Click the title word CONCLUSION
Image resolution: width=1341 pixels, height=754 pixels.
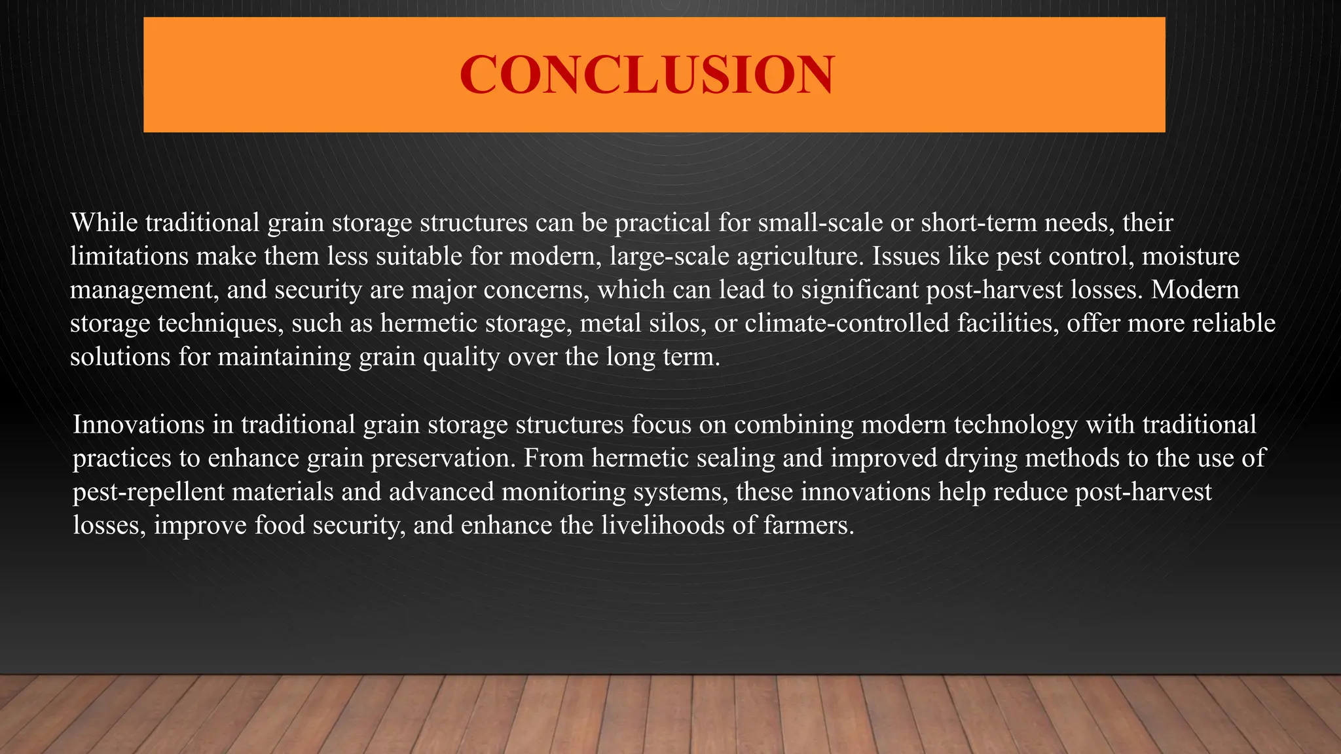pyautogui.click(x=647, y=75)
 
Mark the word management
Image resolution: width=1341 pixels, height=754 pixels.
pyautogui.click(x=143, y=290)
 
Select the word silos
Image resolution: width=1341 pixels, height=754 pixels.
pyautogui.click(x=677, y=323)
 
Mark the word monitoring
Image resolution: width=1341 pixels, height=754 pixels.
pyautogui.click(x=564, y=492)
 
